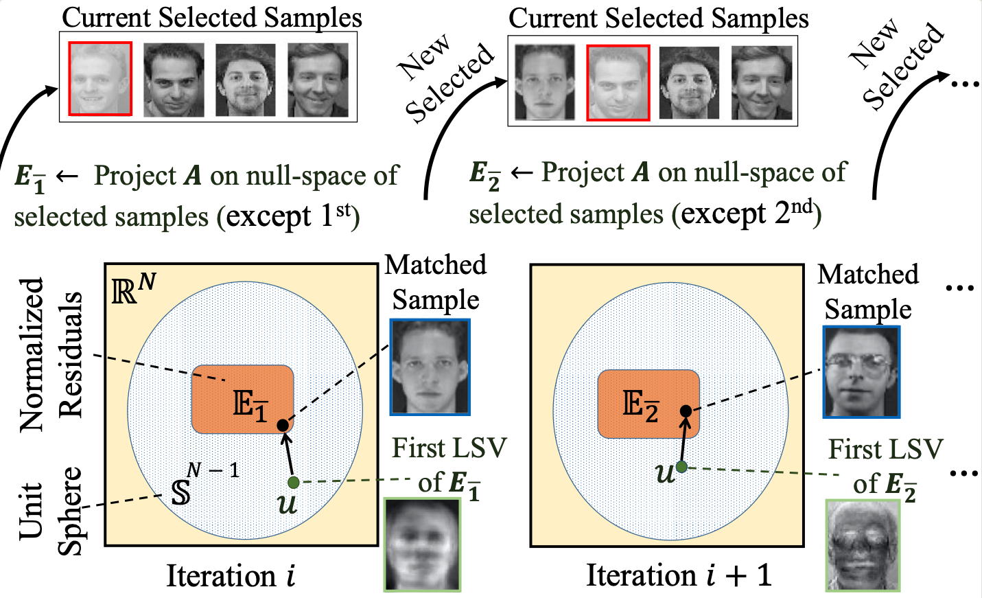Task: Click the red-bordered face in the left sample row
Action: (x=100, y=78)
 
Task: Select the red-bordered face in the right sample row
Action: (x=618, y=82)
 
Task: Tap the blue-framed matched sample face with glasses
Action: (x=861, y=371)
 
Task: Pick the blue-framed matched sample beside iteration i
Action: (x=430, y=367)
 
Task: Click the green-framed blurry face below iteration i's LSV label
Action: (x=423, y=544)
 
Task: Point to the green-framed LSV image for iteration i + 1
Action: (x=863, y=545)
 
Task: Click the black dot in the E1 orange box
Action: (x=283, y=425)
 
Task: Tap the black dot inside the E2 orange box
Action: (x=686, y=411)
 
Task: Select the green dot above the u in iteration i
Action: (x=293, y=483)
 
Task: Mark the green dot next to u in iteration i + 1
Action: (x=681, y=466)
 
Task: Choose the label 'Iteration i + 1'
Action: (x=679, y=575)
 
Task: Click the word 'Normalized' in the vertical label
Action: (x=32, y=354)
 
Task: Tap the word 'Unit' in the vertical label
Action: (x=31, y=511)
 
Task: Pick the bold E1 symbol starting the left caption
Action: (x=30, y=178)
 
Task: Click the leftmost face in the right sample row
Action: (x=544, y=82)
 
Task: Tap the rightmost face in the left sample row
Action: (x=318, y=80)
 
